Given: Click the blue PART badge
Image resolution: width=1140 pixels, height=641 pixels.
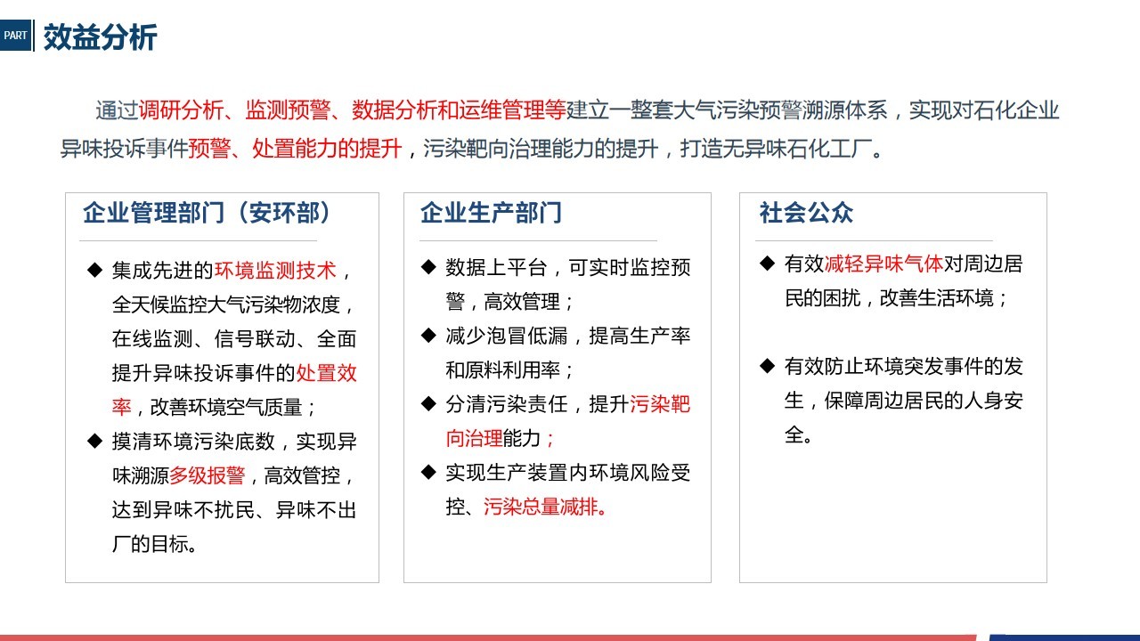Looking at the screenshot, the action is click(16, 35).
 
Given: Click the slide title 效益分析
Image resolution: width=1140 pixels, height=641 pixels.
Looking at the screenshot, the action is click(101, 37).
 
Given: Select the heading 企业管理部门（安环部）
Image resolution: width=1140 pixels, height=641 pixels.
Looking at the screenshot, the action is click(207, 213).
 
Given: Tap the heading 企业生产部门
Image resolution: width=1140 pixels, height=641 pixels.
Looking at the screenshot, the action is click(491, 213).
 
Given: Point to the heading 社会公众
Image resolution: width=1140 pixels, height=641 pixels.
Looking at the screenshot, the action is click(806, 213).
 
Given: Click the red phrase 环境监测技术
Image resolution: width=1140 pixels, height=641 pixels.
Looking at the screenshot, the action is click(275, 270).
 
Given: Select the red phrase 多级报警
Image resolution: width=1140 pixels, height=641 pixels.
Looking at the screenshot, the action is click(208, 475).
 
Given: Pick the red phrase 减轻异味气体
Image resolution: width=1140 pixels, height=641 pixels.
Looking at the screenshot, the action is click(883, 264).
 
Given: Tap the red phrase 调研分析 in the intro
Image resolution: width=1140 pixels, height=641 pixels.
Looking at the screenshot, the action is click(181, 110).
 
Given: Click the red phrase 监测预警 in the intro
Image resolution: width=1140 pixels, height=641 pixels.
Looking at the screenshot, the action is click(288, 110).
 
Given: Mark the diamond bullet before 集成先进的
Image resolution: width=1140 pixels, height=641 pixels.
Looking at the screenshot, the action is click(94, 270).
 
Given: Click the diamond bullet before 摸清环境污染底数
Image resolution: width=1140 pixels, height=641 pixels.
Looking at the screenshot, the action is click(94, 441).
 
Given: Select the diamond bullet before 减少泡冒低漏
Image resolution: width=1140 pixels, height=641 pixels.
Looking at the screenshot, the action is click(428, 336).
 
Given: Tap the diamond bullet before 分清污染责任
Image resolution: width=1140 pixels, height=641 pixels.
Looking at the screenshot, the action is click(428, 404).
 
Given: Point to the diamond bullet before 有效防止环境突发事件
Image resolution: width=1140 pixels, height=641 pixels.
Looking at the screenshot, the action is click(767, 366).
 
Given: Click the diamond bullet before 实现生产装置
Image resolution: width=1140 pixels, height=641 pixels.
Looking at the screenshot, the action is click(428, 472).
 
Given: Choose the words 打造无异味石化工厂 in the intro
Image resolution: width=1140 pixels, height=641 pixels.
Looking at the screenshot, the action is click(775, 149).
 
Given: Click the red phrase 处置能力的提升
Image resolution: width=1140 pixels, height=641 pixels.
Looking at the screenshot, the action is click(327, 149).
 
